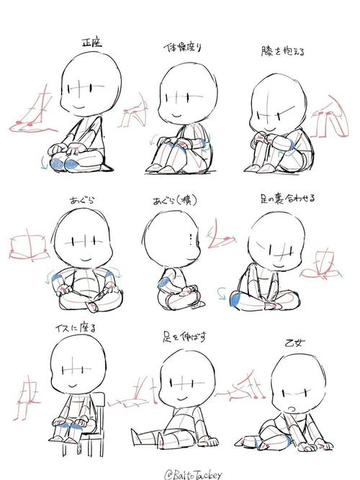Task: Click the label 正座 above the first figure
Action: click(91, 42)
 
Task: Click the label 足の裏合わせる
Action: click(286, 196)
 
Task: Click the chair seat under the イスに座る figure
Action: click(83, 432)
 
